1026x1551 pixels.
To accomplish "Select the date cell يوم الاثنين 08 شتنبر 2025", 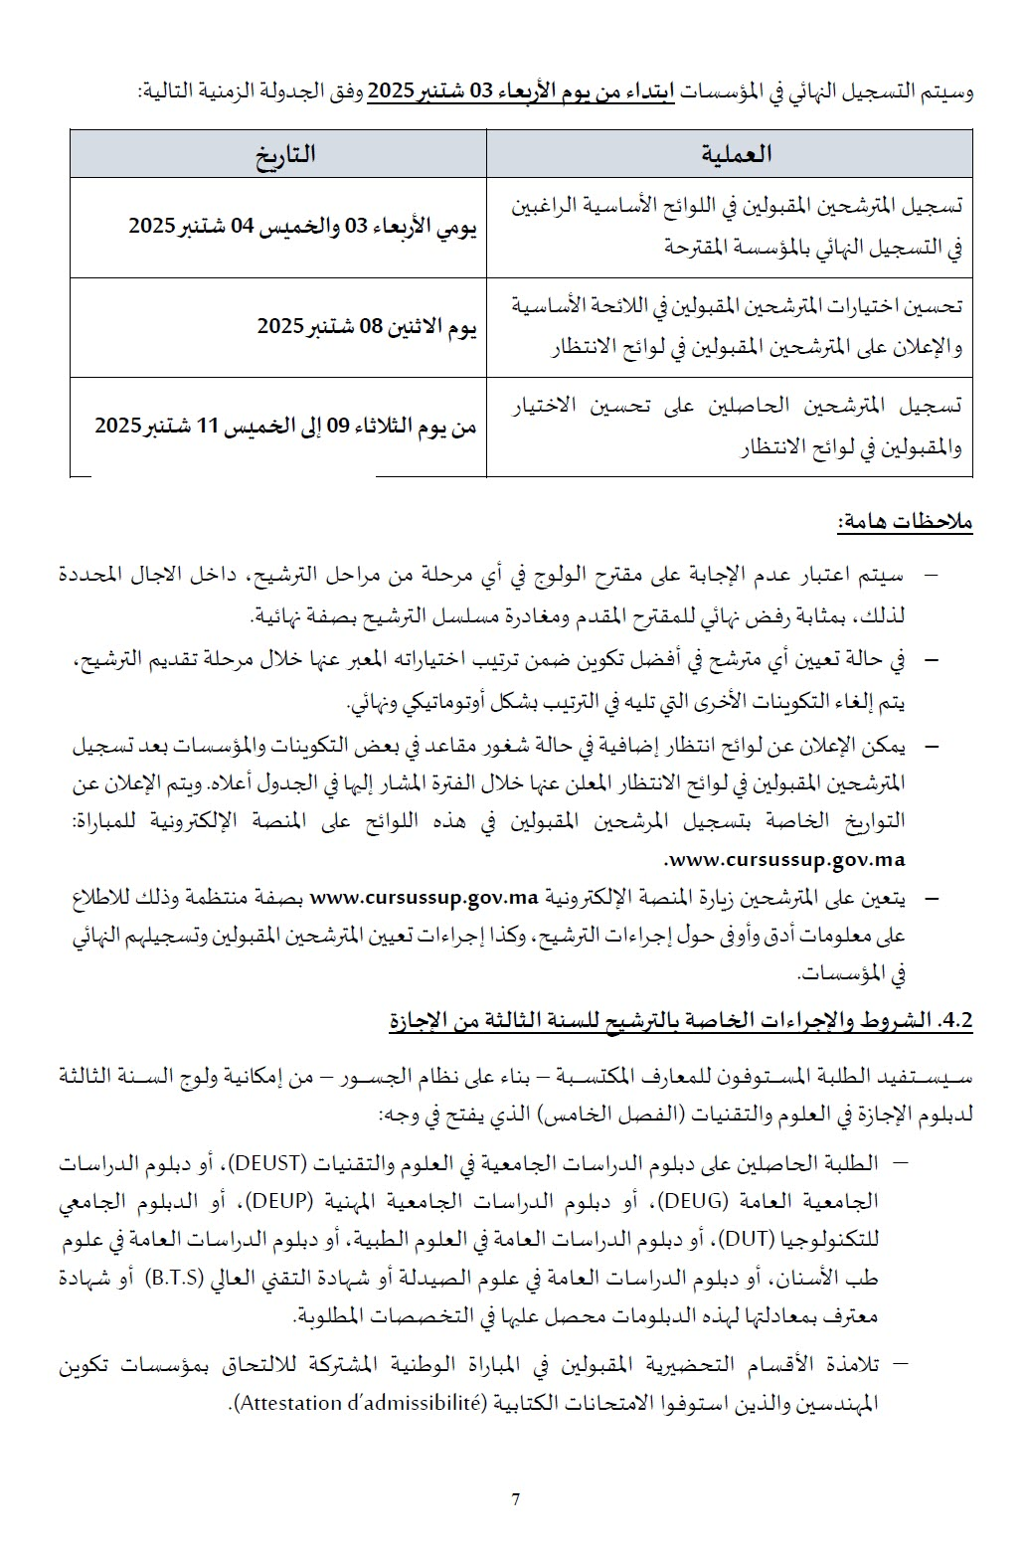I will coord(368,327).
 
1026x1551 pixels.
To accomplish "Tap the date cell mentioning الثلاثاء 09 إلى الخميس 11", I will coord(285,427).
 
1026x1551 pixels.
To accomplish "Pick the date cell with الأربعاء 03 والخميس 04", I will coord(303,227).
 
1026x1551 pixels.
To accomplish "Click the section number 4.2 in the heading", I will coord(952,1022).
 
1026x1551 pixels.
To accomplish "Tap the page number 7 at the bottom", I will coord(515,1500).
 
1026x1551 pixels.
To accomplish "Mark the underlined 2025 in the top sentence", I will coord(390,92).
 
